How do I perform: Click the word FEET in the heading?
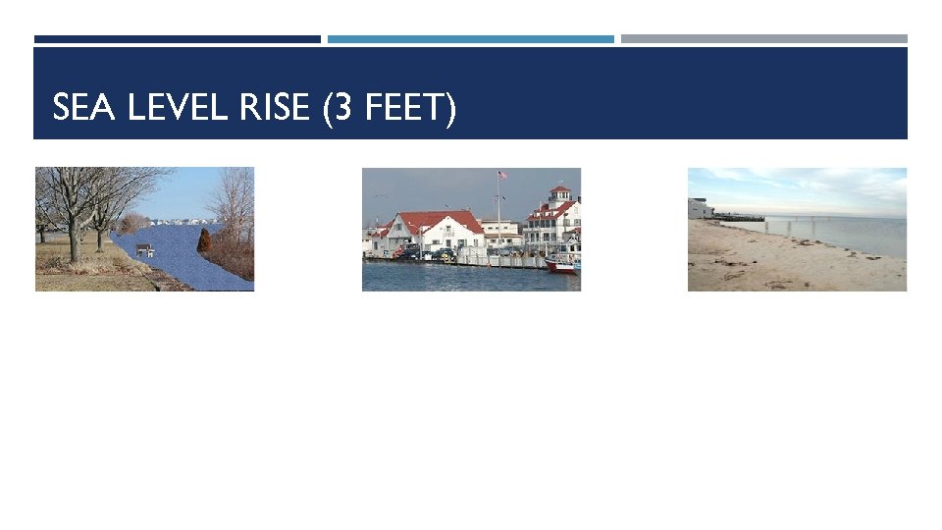[x=401, y=107]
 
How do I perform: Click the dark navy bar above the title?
[x=177, y=39]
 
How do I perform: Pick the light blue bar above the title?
[x=471, y=39]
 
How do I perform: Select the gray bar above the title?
[x=763, y=39]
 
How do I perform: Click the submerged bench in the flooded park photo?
[x=144, y=250]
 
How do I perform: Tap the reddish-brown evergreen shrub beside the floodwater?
[x=204, y=241]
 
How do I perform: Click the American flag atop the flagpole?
[x=502, y=176]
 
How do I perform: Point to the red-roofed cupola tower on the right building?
[x=559, y=193]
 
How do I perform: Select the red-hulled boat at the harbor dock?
[x=561, y=262]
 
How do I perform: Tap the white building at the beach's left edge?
[x=700, y=208]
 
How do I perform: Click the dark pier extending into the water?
[x=738, y=217]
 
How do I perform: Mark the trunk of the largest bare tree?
[x=75, y=236]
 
